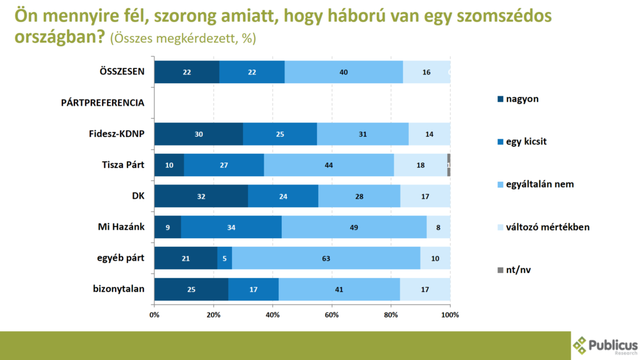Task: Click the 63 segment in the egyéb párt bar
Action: point(326,258)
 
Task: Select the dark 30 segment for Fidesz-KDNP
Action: point(199,134)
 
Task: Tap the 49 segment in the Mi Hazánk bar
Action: point(354,227)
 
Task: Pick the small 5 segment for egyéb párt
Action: point(224,258)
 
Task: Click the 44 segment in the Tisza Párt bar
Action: point(329,165)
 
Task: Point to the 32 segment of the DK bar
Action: point(201,196)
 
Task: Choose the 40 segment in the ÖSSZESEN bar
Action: point(343,72)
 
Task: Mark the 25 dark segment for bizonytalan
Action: point(191,289)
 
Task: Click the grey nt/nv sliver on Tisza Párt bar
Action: point(449,165)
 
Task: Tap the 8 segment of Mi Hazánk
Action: point(438,227)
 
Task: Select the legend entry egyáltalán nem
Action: point(539,184)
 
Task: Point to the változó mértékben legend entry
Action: point(547,227)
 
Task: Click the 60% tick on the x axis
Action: point(331,314)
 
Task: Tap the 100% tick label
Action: point(449,314)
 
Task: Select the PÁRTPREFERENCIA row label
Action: point(103,102)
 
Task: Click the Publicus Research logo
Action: point(605,346)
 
